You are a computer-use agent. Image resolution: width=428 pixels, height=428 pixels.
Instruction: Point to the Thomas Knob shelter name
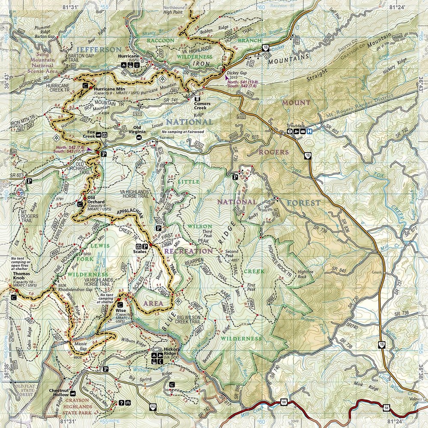(21, 274)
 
